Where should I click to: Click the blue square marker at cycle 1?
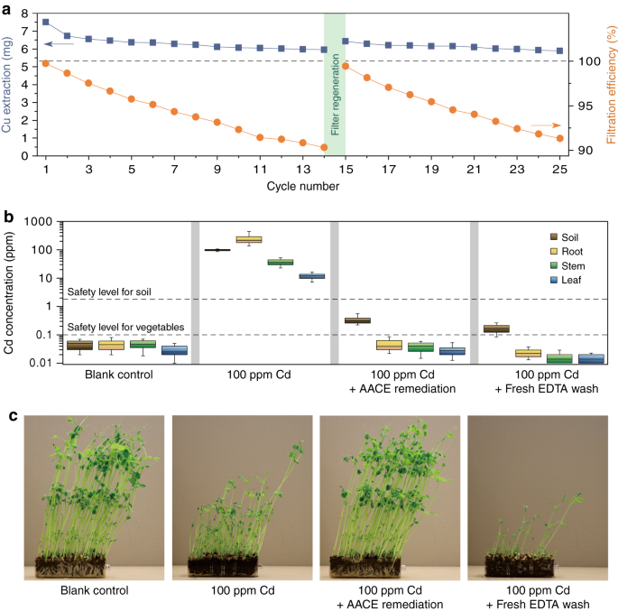tap(46, 22)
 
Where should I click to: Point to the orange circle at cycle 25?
tap(559, 138)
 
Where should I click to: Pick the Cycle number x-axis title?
tap(303, 187)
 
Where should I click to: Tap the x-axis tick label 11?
tap(260, 169)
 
